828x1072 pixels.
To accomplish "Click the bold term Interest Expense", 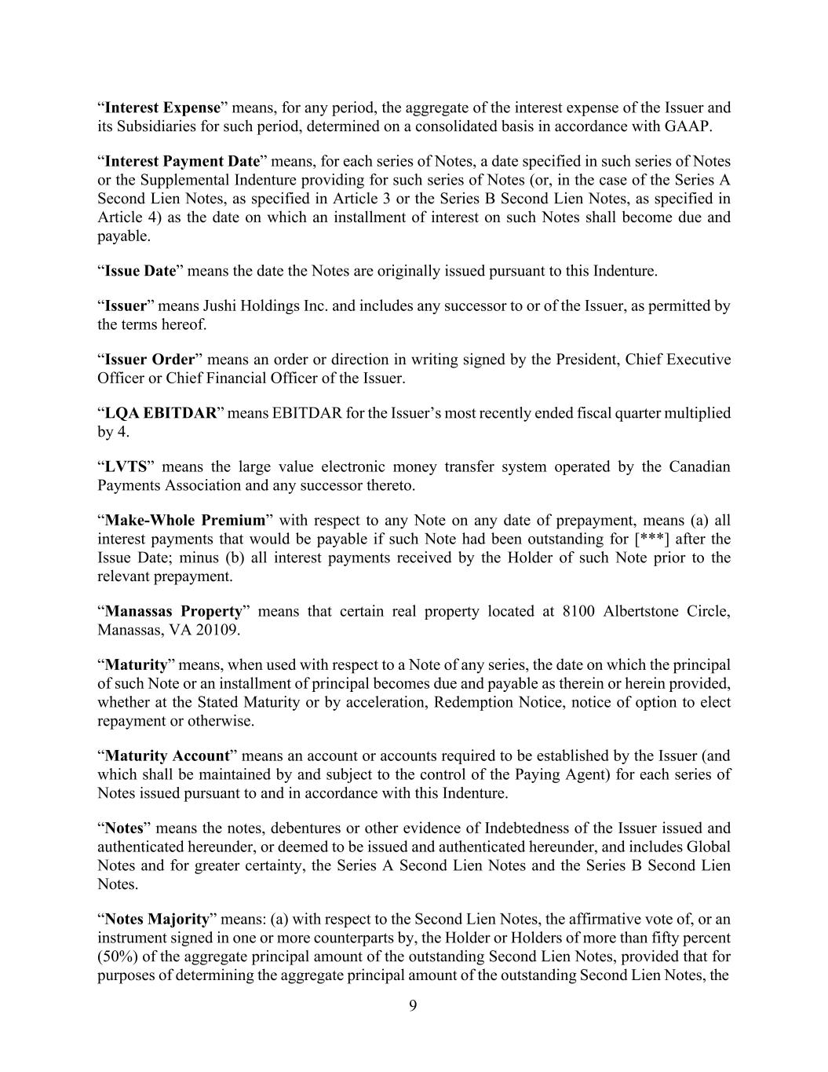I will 162,108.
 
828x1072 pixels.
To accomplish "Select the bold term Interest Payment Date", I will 182,161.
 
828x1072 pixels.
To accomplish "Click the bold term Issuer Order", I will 149,360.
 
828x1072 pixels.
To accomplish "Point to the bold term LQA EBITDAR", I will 160,413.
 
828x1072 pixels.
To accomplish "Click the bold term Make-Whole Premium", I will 185,520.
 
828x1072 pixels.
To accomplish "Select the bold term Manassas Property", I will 173,611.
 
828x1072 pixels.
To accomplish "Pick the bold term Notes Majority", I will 157,919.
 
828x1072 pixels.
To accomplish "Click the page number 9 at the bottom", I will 414,1007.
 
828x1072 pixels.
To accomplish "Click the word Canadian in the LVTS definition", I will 699,466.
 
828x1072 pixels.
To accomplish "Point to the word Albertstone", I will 637,611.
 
